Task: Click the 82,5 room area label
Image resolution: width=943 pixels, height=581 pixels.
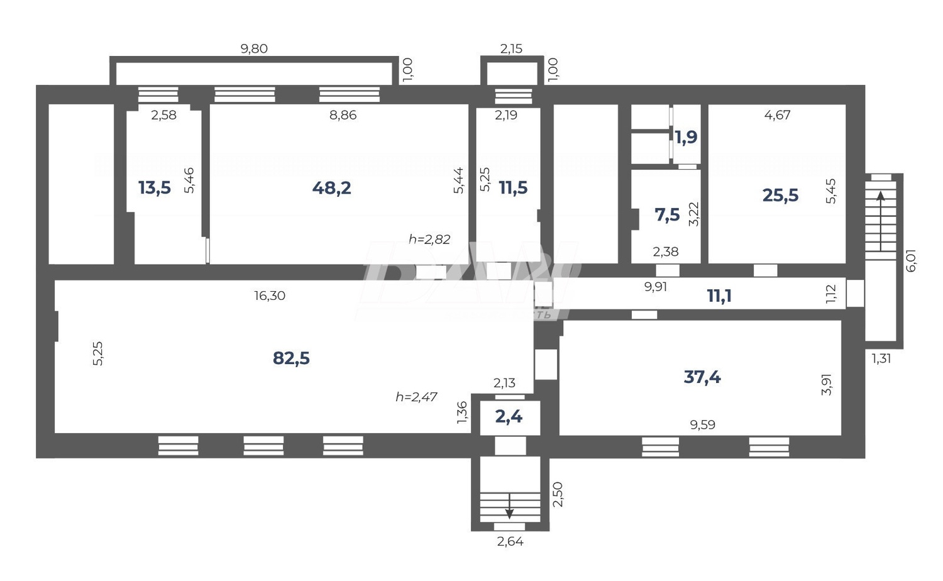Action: coord(291,358)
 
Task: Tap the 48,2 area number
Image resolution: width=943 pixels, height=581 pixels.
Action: coord(331,187)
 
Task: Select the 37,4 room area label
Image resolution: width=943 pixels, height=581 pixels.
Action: coord(702,377)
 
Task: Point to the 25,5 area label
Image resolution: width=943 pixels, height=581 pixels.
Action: coord(780,195)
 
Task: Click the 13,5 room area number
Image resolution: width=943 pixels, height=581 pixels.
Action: coord(154,187)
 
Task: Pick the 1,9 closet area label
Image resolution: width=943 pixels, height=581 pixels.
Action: coord(686,136)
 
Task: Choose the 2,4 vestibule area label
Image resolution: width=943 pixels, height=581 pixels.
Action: coord(509,416)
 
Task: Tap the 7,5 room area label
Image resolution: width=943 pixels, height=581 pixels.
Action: coord(667,215)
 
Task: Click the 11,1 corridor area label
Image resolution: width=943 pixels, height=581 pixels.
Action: coord(719,296)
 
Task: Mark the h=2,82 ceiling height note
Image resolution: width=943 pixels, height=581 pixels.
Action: coord(429,239)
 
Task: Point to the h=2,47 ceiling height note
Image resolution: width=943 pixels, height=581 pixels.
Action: coord(416,397)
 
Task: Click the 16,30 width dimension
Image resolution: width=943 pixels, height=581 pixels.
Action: coord(270,296)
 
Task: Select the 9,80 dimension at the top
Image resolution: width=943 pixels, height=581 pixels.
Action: coord(254,49)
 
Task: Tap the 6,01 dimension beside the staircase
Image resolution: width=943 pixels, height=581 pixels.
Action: coord(911,260)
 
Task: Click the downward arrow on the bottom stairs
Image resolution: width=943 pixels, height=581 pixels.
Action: coord(509,506)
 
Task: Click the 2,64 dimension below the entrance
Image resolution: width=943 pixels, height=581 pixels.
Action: coord(510,541)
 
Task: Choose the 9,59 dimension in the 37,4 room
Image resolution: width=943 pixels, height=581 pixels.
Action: coord(702,425)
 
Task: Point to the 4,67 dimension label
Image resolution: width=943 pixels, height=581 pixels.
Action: coord(777,115)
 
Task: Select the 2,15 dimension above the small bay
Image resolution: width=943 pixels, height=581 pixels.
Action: coord(510,49)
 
